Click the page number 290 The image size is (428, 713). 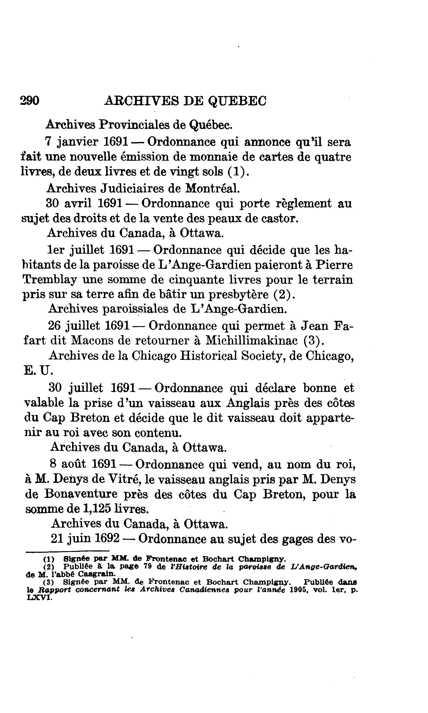[x=30, y=101]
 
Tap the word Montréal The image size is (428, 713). [x=212, y=188]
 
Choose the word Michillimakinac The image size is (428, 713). [x=251, y=341]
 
